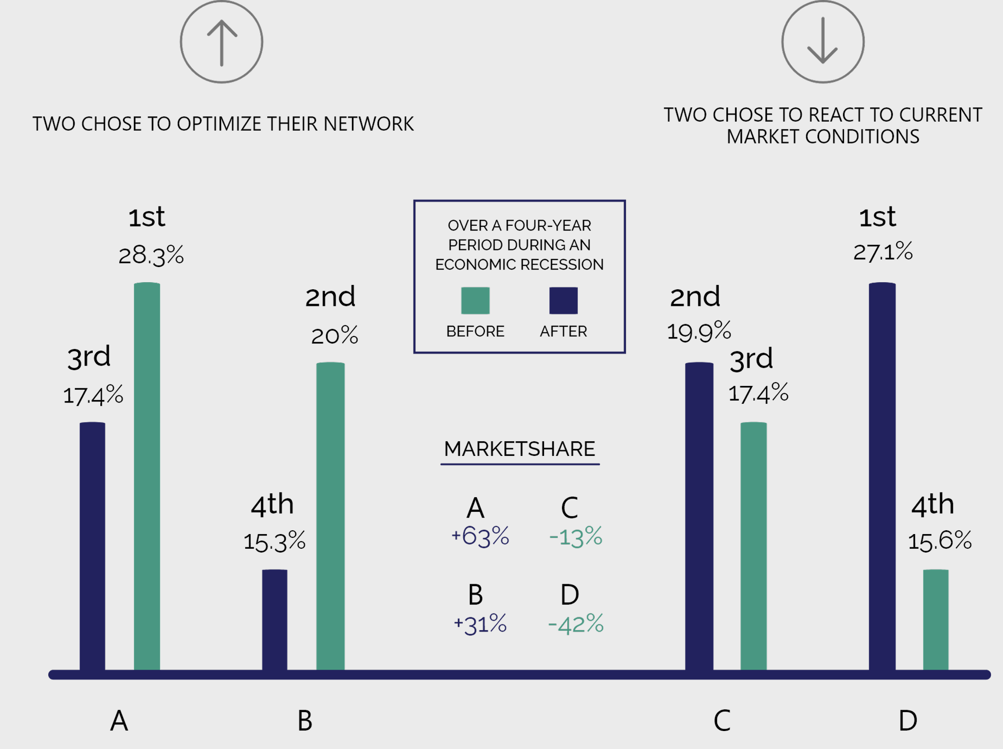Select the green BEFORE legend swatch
[x=475, y=301]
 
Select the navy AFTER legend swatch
[x=563, y=301]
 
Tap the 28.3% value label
[x=151, y=256]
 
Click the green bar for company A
[x=147, y=476]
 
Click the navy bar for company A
[x=92, y=546]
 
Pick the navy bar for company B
[x=275, y=620]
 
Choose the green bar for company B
[x=330, y=516]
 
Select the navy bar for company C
[x=699, y=516]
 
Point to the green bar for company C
[x=754, y=546]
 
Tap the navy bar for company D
[x=882, y=476]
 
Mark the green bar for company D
[x=936, y=620]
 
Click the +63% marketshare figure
[x=480, y=536]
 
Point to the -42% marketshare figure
[x=576, y=624]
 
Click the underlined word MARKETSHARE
[x=519, y=449]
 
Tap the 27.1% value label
[x=883, y=251]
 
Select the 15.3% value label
[x=274, y=541]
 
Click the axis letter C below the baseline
[x=722, y=721]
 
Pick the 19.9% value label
[x=699, y=331]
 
